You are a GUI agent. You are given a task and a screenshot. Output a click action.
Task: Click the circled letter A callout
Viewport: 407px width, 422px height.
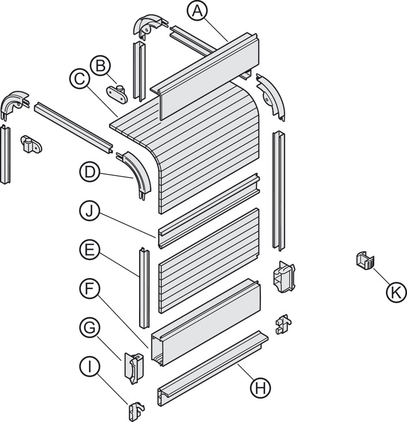[197, 11]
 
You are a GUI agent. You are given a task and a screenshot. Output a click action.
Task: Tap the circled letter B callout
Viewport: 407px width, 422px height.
[100, 66]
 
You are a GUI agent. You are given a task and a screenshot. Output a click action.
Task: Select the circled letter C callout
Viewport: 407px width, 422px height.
[80, 79]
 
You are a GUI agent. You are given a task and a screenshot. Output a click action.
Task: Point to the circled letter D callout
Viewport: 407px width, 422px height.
[90, 172]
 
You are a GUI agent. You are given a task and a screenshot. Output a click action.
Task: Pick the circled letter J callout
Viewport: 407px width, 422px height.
[90, 211]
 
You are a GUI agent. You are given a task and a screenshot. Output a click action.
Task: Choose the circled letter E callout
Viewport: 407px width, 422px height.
[90, 250]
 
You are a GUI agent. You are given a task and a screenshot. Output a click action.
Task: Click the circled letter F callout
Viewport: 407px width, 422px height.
[90, 288]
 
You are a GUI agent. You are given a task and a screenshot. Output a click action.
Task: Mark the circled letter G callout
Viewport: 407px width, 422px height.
[90, 328]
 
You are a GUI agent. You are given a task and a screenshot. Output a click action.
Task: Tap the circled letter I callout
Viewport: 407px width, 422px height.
[90, 367]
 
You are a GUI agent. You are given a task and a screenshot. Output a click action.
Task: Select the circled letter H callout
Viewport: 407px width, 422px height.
[260, 388]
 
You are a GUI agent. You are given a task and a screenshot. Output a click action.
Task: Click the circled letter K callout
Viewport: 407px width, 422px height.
[396, 292]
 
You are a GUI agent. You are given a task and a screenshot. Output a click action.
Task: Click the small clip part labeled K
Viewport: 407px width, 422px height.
[365, 260]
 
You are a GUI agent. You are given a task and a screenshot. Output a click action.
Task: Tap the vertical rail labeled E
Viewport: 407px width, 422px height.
[144, 288]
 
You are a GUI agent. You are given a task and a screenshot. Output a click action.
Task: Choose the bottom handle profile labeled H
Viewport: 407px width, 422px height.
[212, 368]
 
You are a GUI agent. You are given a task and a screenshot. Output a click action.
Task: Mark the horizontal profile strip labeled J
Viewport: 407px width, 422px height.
[209, 211]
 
